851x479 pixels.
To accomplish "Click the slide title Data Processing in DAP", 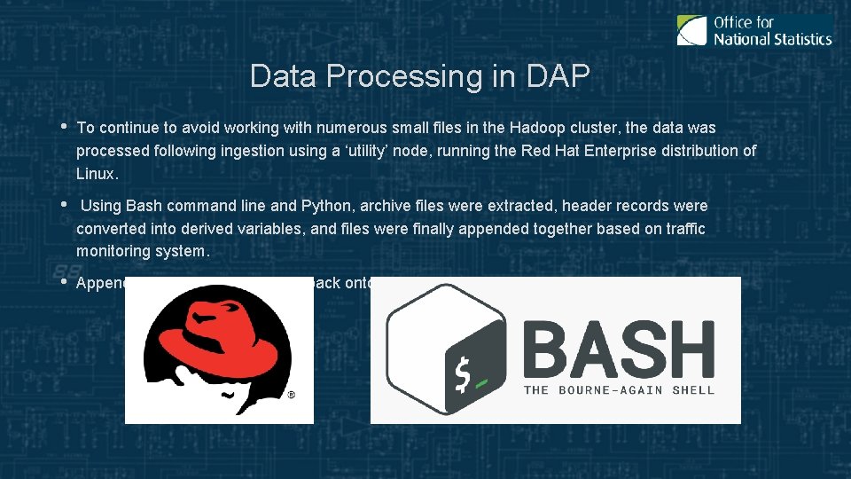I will [419, 76].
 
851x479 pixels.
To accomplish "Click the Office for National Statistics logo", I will [754, 30].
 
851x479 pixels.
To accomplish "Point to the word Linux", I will [97, 173].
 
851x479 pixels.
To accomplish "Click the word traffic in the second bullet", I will [680, 229].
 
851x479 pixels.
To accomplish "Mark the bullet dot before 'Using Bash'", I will [64, 203].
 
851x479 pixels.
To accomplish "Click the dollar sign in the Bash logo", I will [462, 375].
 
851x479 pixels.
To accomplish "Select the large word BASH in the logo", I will [619, 349].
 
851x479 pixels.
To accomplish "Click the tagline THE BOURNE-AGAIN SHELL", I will [619, 389].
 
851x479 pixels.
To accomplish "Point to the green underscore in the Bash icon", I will [482, 384].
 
